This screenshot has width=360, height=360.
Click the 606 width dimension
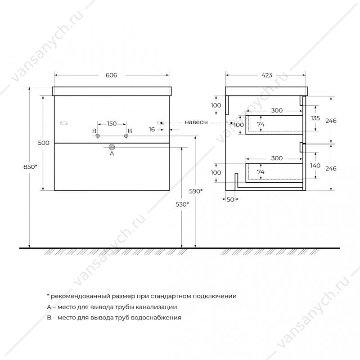[111, 75]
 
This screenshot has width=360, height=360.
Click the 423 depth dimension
[266, 75]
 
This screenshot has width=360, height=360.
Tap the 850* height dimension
[30, 167]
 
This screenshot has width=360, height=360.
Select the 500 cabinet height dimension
[44, 143]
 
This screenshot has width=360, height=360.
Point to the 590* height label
[196, 191]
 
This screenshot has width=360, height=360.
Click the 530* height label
[182, 204]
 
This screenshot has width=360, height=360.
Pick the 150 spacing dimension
[112, 124]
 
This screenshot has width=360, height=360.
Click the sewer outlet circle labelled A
[112, 147]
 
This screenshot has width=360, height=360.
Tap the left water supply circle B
[98, 136]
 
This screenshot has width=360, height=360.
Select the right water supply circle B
[126, 136]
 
